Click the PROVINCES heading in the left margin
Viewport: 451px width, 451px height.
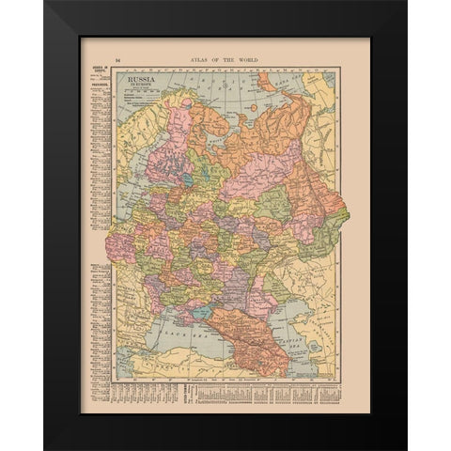click(96, 85)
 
